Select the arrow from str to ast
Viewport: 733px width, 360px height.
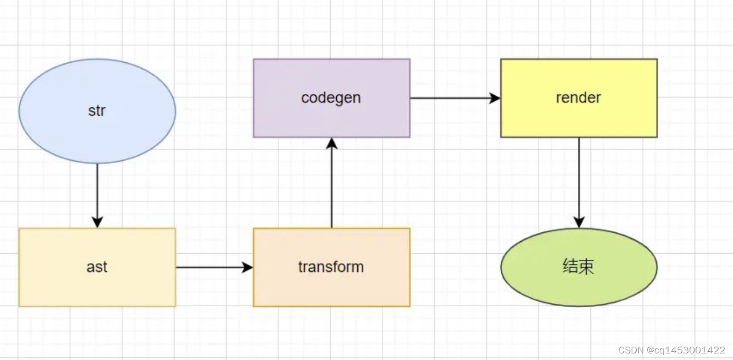97,193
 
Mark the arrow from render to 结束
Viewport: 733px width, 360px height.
579,182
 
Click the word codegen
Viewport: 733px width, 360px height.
331,98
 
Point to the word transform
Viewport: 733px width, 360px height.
331,267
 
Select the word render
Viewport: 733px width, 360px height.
578,98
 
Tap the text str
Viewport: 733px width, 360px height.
97,111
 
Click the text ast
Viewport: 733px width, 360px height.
97,267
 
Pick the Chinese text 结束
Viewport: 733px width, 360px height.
578,267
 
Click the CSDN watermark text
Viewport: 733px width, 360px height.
672,350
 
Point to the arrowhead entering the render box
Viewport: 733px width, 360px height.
495,98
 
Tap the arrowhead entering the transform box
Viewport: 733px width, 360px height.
248,268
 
